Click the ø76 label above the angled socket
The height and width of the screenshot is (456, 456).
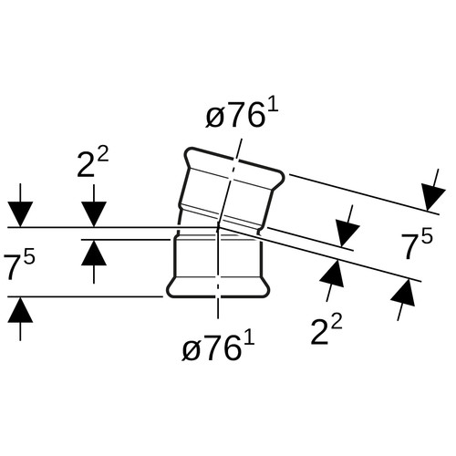242,115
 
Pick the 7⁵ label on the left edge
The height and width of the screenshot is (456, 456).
19,264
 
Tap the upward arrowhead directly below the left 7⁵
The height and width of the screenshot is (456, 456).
20,309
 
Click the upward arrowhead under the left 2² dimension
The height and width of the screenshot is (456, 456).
94,253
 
